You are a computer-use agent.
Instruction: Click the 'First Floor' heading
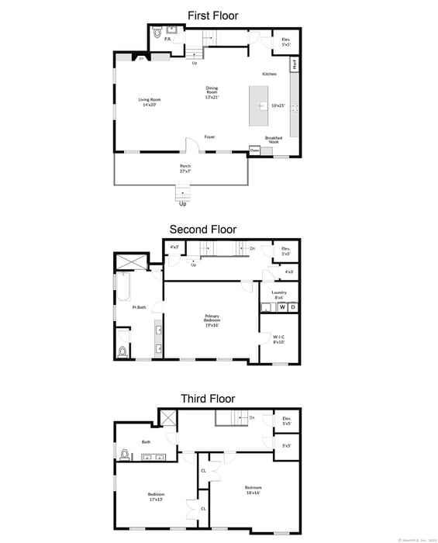[212, 16]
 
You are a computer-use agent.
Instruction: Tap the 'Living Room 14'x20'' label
[148, 102]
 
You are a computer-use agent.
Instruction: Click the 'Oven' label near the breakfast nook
[254, 150]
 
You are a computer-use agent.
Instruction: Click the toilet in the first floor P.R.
[157, 33]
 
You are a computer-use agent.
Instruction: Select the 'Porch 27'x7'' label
[185, 168]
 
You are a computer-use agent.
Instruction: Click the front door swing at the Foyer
[192, 144]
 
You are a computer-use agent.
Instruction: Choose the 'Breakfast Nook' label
[274, 140]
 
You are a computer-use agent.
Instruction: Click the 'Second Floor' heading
[203, 230]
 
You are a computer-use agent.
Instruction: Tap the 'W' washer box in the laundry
[282, 307]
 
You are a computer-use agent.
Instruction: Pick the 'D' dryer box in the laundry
[293, 307]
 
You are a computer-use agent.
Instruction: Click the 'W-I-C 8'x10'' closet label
[279, 338]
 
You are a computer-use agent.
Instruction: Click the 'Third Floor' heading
[208, 399]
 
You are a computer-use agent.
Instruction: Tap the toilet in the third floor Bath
[124, 453]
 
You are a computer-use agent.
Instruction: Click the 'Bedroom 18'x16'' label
[253, 490]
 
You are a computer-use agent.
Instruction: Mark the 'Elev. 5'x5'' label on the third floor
[287, 420]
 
